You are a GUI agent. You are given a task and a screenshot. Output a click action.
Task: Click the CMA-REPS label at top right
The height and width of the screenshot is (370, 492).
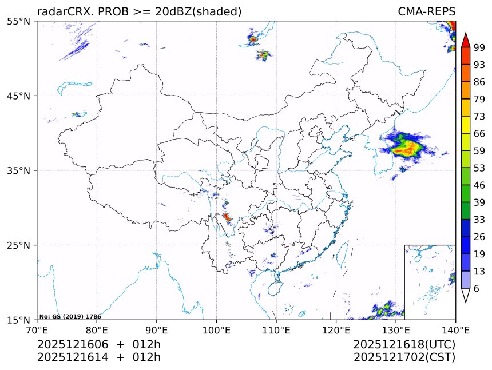(x=426, y=11)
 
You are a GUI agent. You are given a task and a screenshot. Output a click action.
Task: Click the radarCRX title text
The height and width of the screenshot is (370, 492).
(x=139, y=11)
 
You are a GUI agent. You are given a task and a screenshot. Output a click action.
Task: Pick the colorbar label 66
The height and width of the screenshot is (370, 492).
(x=479, y=133)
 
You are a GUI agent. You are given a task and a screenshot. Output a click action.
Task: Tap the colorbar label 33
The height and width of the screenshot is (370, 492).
(x=479, y=220)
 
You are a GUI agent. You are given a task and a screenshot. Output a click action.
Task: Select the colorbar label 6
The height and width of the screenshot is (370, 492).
(x=477, y=289)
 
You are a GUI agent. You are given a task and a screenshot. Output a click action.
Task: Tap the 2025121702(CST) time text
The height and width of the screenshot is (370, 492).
(x=404, y=357)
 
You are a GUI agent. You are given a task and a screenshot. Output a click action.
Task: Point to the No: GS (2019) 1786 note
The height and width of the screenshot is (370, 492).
(x=70, y=316)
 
